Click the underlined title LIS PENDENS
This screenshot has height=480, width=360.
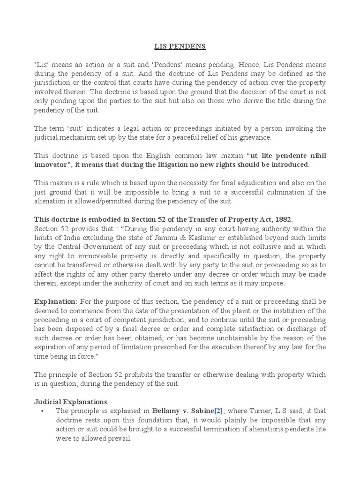pyautogui.click(x=180, y=47)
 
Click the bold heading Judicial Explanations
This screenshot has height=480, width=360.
pyautogui.click(x=71, y=402)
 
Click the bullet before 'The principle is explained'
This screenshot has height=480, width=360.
pyautogui.click(x=43, y=411)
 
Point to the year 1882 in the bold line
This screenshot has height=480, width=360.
pyautogui.click(x=282, y=219)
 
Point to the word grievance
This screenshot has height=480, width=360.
pyautogui.click(x=255, y=137)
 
